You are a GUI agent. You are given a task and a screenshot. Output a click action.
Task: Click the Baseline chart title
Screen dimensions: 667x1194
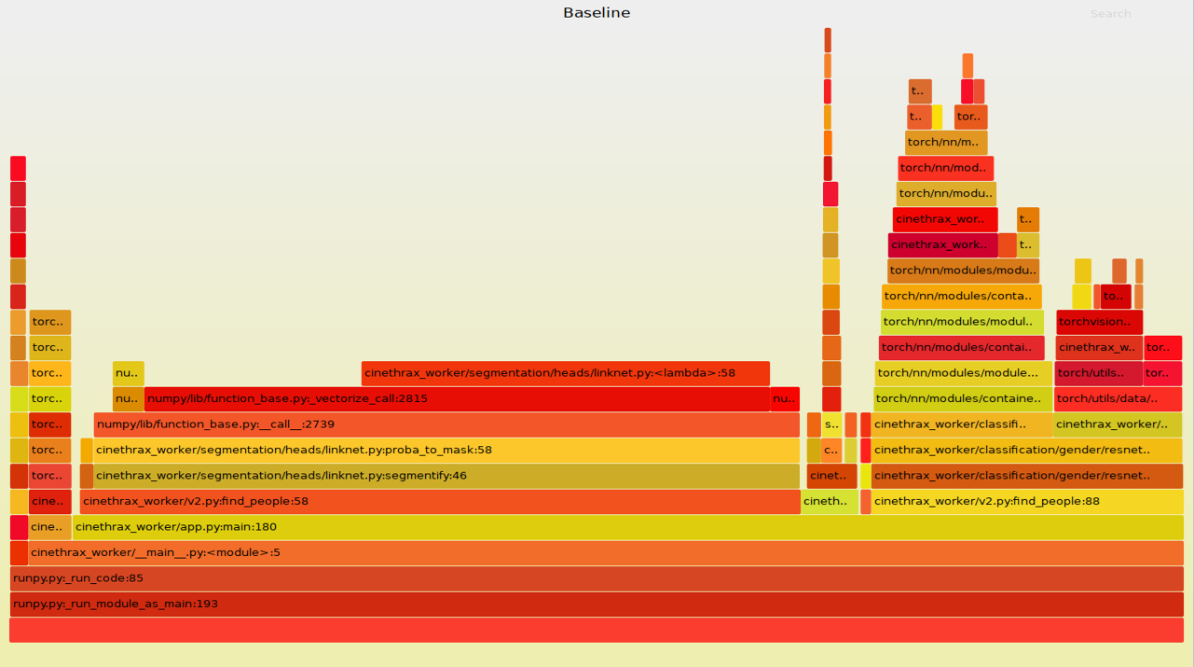[597, 13]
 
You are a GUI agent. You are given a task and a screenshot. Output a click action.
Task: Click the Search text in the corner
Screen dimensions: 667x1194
[1110, 14]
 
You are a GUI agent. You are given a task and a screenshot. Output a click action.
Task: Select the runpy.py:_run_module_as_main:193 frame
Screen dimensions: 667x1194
[597, 604]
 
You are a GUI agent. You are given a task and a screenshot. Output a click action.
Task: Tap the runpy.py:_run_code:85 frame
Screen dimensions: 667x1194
[597, 578]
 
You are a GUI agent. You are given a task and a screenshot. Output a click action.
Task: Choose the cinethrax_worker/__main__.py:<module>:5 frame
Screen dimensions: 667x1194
[597, 553]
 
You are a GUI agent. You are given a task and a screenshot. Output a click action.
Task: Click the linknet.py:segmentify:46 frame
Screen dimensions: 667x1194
[446, 476]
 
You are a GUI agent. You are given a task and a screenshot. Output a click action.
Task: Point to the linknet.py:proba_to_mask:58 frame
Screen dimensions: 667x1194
[446, 451]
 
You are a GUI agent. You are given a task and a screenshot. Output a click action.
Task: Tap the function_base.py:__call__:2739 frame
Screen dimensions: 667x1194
[446, 425]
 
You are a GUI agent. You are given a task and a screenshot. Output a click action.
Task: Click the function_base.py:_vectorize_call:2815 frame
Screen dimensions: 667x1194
[457, 399]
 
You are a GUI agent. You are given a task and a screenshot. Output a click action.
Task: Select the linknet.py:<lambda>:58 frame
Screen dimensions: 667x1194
[565, 374]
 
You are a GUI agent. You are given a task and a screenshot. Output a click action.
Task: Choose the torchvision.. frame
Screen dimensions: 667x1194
[1099, 323]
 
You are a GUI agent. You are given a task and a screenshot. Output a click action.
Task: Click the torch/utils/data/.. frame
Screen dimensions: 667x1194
[1118, 399]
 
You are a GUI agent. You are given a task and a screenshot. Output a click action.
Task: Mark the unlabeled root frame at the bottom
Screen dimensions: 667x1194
[597, 630]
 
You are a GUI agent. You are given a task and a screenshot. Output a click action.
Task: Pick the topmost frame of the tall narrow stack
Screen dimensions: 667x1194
[828, 40]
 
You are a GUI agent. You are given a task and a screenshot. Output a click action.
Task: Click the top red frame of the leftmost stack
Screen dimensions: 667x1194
[18, 168]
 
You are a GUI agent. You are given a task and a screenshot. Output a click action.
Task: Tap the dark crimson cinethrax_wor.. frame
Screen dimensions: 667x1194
[941, 245]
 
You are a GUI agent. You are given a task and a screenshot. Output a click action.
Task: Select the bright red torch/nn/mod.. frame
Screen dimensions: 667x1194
[945, 169]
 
